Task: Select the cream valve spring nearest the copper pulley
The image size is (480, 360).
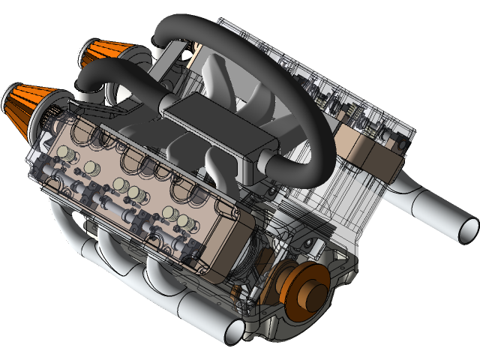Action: (184, 222)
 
